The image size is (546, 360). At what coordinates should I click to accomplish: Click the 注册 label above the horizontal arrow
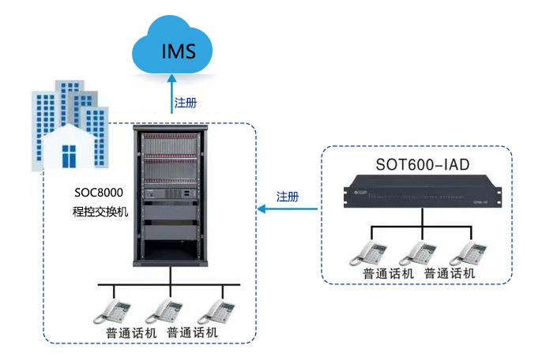pos(288,197)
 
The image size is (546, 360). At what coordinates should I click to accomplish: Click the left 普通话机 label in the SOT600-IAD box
pos(388,273)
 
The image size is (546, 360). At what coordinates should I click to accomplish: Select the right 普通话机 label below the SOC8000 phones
pos(193,332)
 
